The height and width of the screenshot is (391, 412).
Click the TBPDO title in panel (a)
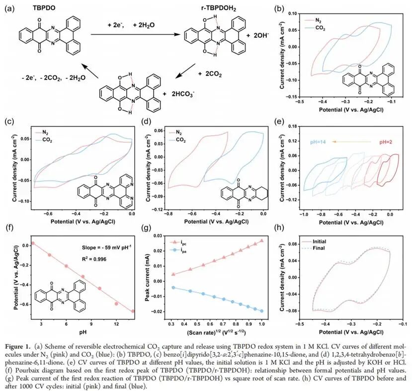(x=44, y=8)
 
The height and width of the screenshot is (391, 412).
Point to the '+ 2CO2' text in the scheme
(x=210, y=75)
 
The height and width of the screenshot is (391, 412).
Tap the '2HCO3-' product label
(x=183, y=94)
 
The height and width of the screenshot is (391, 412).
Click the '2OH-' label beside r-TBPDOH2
(x=261, y=35)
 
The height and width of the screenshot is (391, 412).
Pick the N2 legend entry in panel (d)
(x=179, y=132)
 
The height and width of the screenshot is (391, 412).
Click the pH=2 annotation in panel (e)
(x=386, y=142)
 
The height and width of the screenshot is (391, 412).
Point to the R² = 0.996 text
(x=94, y=259)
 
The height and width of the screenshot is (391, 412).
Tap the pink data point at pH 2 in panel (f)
(x=33, y=243)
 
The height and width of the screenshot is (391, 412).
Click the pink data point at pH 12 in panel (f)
(x=116, y=304)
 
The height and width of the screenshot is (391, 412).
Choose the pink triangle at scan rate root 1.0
(x=261, y=240)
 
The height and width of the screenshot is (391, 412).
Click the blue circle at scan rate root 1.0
(x=261, y=311)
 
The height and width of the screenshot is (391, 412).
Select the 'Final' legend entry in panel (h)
(x=319, y=248)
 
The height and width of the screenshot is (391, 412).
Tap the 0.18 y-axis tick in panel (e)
(x=292, y=126)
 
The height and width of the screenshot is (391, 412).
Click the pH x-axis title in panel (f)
(x=83, y=332)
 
